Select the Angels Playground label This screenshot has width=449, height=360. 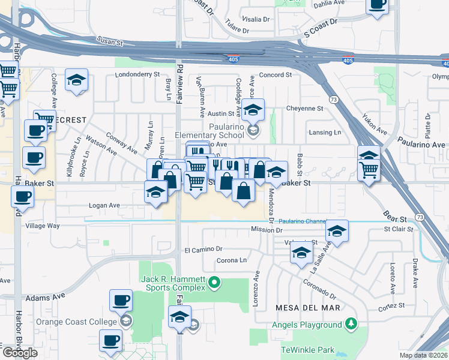tap(306, 325)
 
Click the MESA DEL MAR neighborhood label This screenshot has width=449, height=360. tap(307, 308)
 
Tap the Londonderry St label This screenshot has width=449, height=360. tap(137, 75)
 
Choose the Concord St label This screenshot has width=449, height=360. tap(275, 75)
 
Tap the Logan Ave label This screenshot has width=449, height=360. tap(104, 205)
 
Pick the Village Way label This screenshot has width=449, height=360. tap(42, 226)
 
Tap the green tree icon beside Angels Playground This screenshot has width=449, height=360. tap(351, 325)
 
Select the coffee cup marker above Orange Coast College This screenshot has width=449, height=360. tap(121, 300)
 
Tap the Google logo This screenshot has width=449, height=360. tap(20, 353)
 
